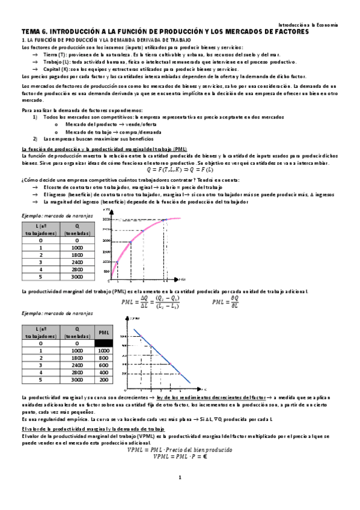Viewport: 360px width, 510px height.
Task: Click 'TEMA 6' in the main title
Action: coord(34,31)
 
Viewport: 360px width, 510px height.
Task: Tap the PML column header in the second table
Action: coord(103,331)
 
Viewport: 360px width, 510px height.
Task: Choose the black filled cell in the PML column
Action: coord(103,343)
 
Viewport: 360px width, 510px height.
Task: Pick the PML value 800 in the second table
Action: coord(103,358)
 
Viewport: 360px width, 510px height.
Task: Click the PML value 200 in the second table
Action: coord(103,380)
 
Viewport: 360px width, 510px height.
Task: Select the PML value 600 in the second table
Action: coord(103,365)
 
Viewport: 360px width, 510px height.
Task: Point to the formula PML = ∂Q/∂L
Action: coord(229,303)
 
